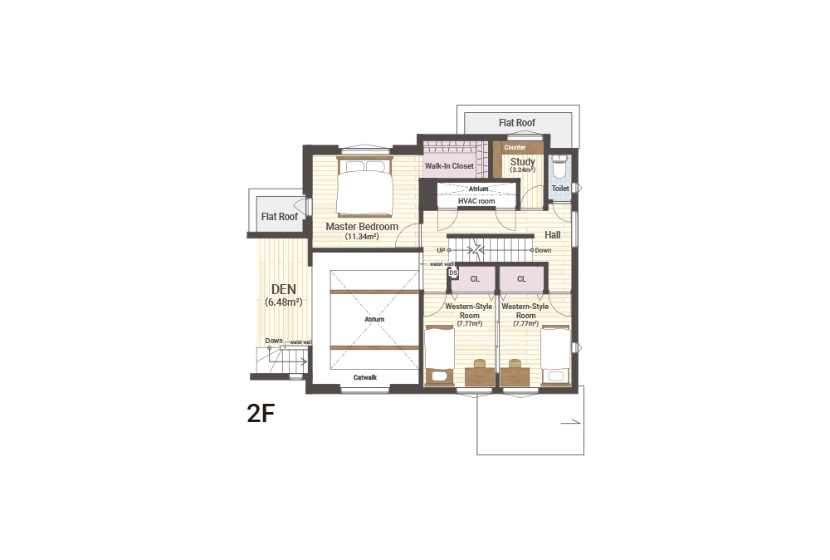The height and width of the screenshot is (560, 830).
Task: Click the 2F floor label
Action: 261,413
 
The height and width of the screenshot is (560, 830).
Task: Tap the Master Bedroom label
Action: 362,227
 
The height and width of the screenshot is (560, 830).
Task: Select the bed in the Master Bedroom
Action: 364,186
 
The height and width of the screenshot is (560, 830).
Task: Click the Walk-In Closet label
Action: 449,166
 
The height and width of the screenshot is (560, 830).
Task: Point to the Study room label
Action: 522,161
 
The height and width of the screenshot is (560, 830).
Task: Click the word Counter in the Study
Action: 515,147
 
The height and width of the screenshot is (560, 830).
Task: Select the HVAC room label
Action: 476,201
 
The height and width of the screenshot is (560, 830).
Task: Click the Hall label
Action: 553,234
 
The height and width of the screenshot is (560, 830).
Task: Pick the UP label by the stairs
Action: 441,250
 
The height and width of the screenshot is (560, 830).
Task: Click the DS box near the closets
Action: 453,273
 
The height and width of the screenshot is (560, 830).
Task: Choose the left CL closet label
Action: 475,278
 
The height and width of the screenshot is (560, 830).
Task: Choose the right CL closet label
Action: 521,278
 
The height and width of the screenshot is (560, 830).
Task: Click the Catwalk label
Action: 364,377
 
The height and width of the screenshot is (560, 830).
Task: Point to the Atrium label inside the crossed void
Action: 374,320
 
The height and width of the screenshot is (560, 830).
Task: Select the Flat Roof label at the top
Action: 516,123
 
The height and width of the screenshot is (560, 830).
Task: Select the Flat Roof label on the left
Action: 280,217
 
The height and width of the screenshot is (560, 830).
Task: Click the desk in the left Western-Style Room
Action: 480,374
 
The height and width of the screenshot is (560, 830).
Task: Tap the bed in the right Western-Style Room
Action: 555,355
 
